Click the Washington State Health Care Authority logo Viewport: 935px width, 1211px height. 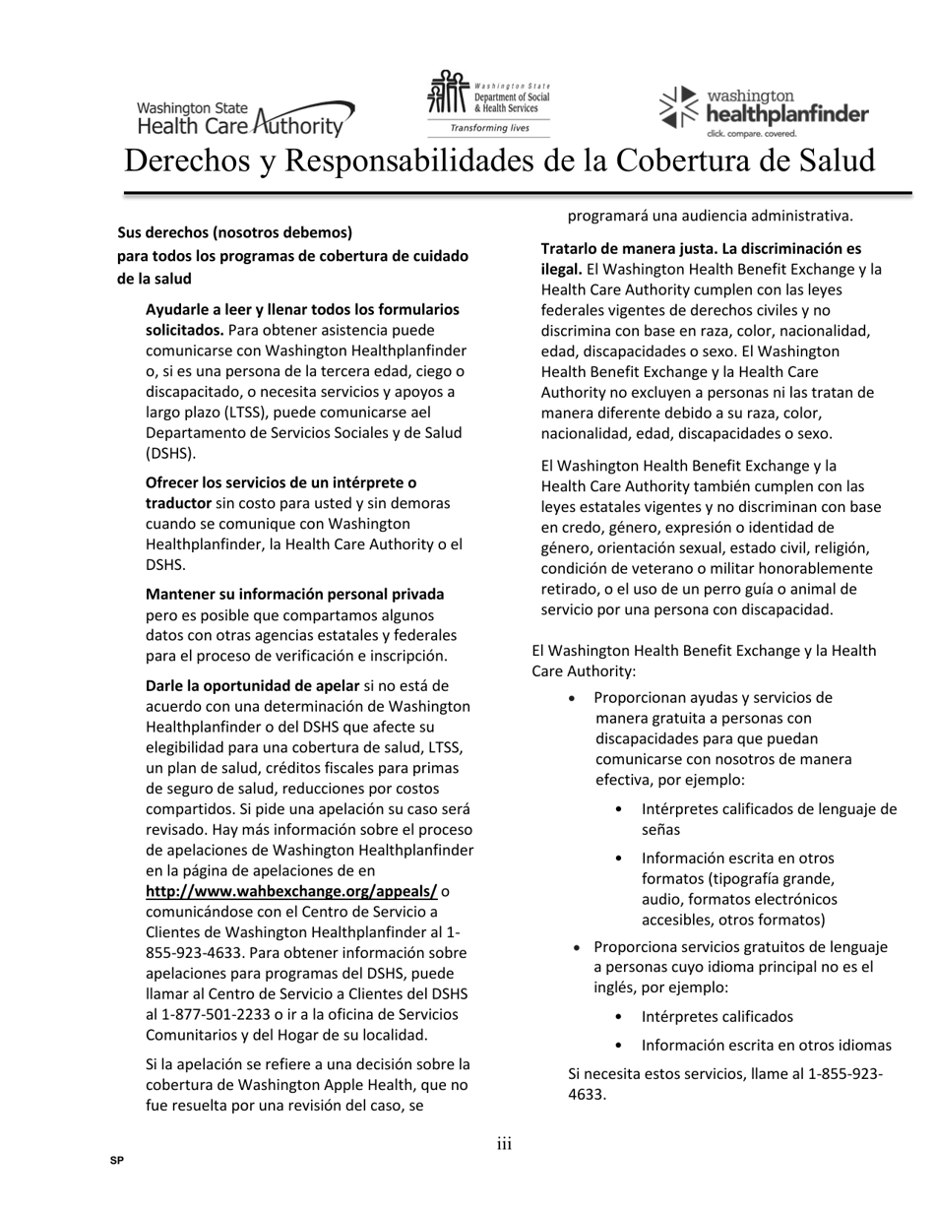[245, 117]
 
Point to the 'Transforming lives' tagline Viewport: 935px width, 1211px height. [489, 128]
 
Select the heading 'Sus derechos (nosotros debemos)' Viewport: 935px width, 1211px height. [234, 232]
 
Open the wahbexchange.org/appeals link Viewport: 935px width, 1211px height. [291, 891]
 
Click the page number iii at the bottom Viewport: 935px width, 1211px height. [504, 1143]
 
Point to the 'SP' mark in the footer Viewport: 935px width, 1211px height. [117, 1161]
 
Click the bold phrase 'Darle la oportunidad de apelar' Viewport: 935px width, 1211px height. [253, 685]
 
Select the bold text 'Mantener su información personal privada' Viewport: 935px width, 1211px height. [294, 594]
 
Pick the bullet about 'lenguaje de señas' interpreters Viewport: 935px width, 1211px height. [768, 818]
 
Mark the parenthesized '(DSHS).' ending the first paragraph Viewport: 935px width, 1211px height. [171, 453]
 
